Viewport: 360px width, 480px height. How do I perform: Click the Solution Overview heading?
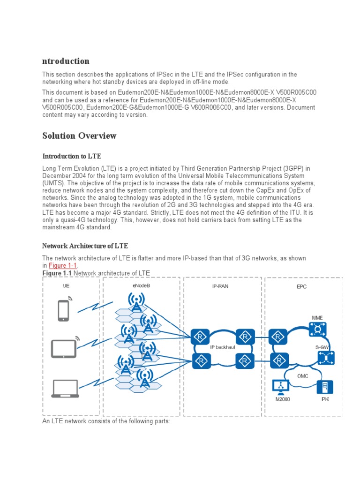[79, 136]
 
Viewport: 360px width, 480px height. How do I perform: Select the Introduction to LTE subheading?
[72, 156]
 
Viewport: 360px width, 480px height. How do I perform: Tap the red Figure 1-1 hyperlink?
[62, 266]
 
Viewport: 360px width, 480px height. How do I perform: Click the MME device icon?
[318, 330]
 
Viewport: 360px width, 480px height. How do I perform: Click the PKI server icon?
[325, 387]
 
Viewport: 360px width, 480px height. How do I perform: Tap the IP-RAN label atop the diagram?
[220, 286]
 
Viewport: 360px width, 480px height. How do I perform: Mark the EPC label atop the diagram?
[302, 286]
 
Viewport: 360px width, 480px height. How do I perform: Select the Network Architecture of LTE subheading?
[85, 246]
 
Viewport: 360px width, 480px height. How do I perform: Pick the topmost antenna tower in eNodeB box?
[136, 302]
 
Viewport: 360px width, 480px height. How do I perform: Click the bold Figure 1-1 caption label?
[57, 273]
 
